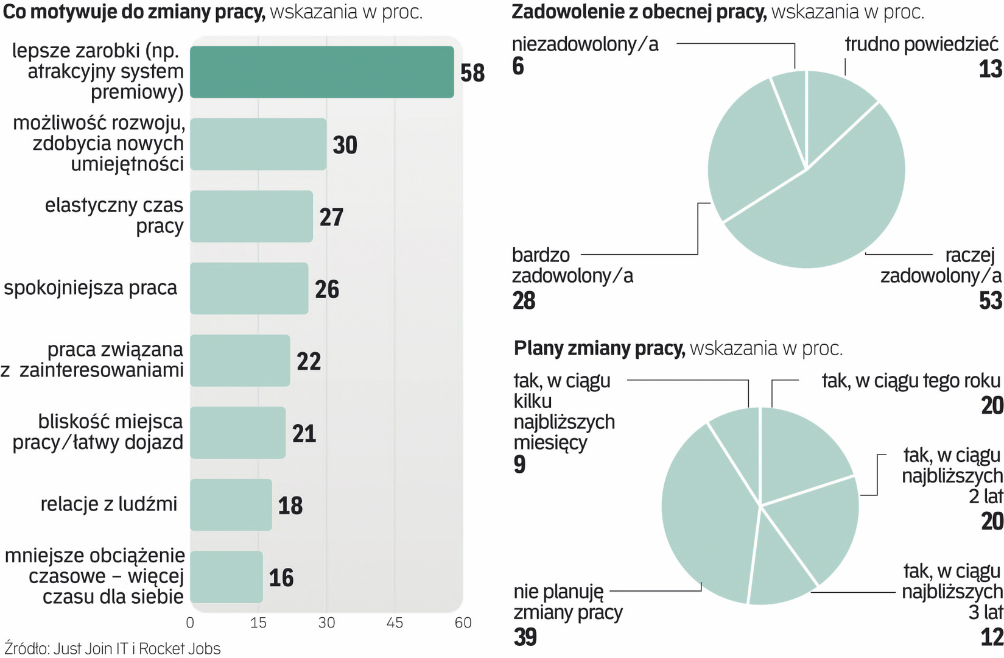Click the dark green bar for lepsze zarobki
[321, 72]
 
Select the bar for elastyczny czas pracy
[251, 216]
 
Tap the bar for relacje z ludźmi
[231, 504]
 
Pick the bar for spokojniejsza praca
[248, 288]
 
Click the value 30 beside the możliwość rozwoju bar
[345, 145]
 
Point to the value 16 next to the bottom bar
[281, 578]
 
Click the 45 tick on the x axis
[395, 623]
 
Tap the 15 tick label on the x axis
[258, 623]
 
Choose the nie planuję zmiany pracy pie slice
[706, 518]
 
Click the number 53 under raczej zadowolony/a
[991, 301]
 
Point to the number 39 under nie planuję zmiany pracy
[525, 637]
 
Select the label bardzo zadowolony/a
[572, 266]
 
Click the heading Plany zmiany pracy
[599, 348]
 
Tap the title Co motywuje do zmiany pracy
[134, 12]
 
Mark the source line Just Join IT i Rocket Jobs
[113, 648]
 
